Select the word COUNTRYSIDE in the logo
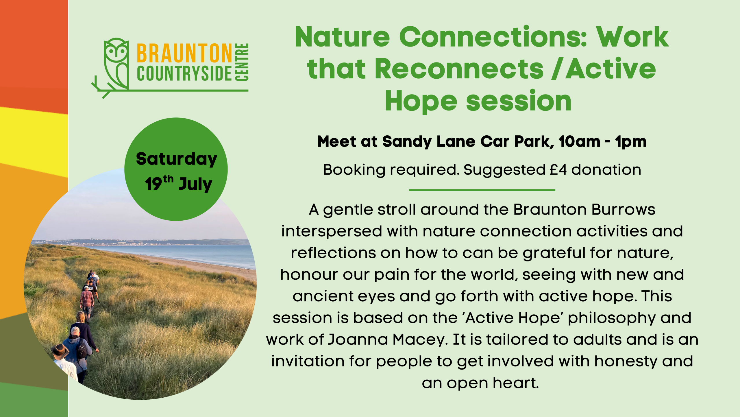tap(184, 74)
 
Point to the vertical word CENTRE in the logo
tap(242, 62)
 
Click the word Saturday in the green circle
tap(176, 159)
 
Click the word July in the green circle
tap(196, 184)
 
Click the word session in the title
tap(519, 101)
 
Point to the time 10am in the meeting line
tap(579, 142)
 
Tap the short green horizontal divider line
tap(482, 190)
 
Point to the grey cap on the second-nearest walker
tap(75, 330)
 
